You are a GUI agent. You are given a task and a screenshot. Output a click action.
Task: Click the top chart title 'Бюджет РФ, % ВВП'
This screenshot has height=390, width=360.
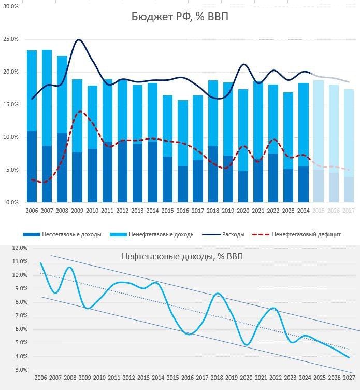click(x=179, y=17)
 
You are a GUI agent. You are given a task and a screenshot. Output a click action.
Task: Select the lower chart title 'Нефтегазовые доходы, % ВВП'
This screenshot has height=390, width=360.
click(x=182, y=256)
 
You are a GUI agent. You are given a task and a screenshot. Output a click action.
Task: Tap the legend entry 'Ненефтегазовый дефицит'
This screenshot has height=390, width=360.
click(x=306, y=235)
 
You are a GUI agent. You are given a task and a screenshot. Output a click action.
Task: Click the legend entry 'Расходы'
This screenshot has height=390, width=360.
click(x=233, y=235)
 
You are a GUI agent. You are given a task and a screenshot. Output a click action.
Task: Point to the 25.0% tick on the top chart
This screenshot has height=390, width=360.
click(x=11, y=39)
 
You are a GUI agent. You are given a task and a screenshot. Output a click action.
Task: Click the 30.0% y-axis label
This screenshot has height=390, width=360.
click(x=11, y=7)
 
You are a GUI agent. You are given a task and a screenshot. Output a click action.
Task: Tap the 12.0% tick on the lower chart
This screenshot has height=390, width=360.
click(x=19, y=248)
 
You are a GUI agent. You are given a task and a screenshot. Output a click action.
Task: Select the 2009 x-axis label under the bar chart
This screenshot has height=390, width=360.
click(x=77, y=211)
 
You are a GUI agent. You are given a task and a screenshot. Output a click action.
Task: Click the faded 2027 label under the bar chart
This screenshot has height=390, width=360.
click(x=349, y=211)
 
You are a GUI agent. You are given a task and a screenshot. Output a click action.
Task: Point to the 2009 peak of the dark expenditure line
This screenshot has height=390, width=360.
click(x=79, y=40)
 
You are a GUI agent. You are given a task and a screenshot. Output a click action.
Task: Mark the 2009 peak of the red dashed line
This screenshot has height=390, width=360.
click(x=79, y=111)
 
